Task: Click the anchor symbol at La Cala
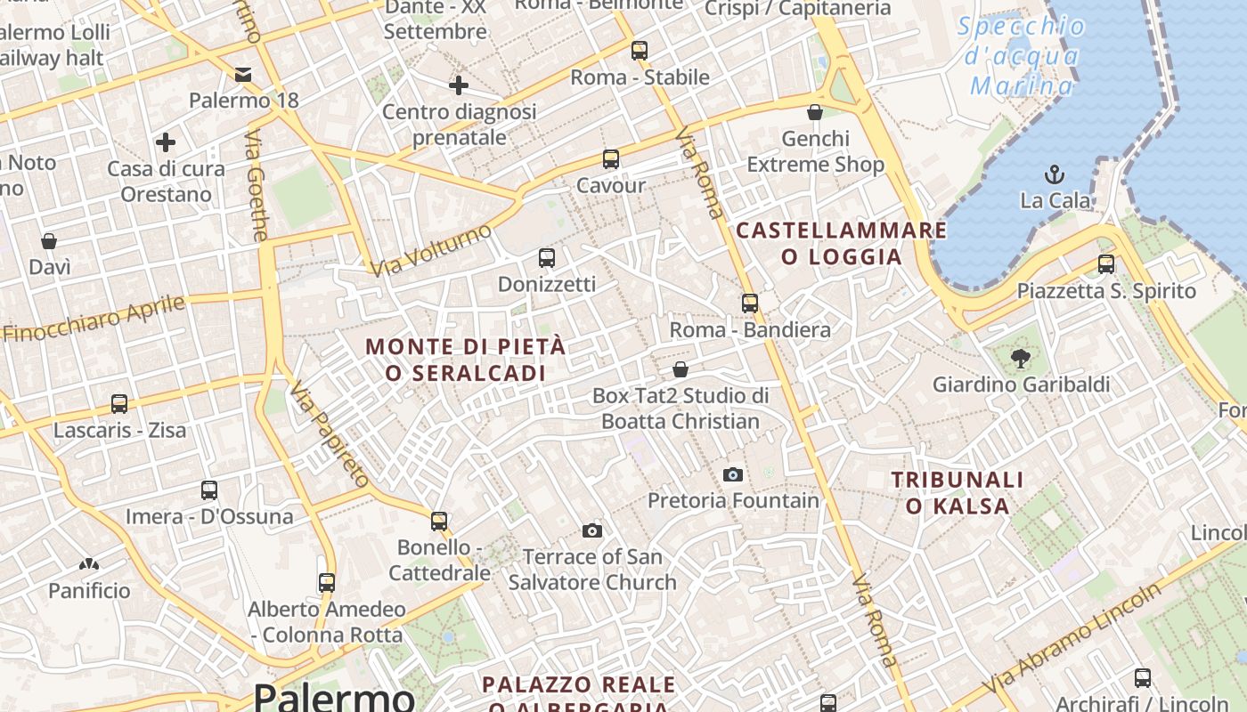pos(1055,174)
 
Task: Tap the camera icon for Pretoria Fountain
pos(733,474)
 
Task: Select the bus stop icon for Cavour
pos(610,159)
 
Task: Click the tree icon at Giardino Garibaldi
pos(1021,359)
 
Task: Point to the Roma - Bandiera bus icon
pos(750,303)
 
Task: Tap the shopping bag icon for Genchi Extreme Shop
pos(814,112)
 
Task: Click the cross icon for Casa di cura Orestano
pos(166,142)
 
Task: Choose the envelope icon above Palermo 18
pos(243,74)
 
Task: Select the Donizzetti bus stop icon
pos(547,258)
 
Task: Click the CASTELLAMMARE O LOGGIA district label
pos(841,244)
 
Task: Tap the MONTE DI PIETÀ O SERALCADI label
pos(466,360)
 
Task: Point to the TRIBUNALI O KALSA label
pos(958,493)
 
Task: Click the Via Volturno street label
pos(431,250)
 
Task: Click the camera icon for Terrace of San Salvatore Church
pos(591,531)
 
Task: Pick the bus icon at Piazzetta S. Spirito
pos(1105,264)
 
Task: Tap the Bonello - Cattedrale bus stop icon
pos(439,522)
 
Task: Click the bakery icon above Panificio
pos(88,564)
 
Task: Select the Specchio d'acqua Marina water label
pos(1022,55)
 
